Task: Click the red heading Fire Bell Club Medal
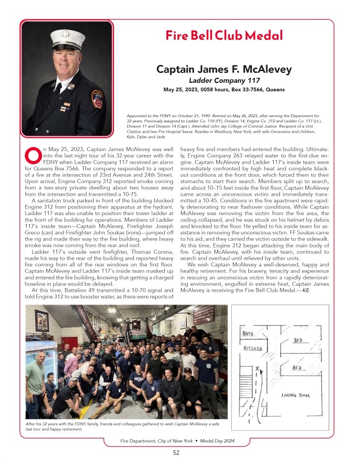click(224, 35)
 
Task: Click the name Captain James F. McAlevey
click(224, 70)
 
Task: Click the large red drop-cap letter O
click(33, 154)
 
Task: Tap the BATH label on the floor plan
click(248, 334)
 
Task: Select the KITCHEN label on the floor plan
click(253, 348)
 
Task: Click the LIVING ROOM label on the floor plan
click(295, 395)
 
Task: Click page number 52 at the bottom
click(176, 452)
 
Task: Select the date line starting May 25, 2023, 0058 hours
click(224, 89)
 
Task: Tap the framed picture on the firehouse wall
click(41, 321)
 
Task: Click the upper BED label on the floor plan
click(298, 340)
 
